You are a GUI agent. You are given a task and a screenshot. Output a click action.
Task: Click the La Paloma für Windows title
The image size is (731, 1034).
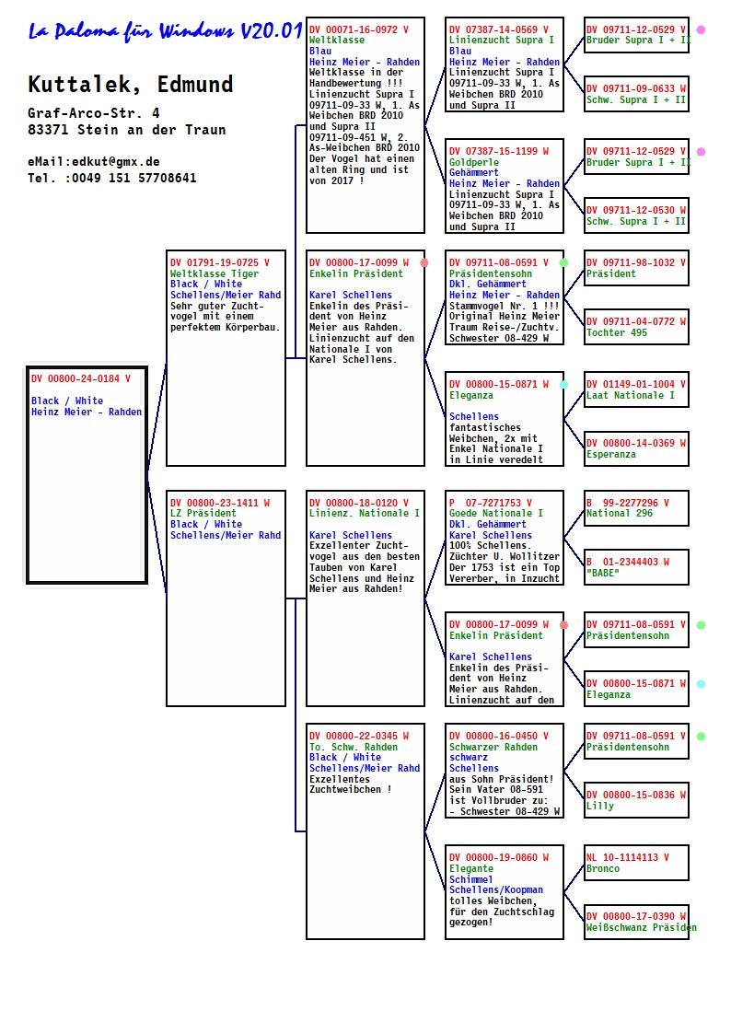(x=165, y=31)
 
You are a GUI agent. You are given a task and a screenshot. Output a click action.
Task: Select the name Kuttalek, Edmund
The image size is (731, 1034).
(x=131, y=85)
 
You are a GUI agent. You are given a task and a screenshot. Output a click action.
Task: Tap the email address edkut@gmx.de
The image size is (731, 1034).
(x=116, y=161)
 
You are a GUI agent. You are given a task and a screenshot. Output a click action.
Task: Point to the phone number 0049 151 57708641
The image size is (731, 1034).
(x=133, y=178)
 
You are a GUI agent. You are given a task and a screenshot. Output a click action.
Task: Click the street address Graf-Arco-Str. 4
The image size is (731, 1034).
(x=94, y=113)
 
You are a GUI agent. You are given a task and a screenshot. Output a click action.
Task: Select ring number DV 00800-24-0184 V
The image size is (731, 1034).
(x=81, y=378)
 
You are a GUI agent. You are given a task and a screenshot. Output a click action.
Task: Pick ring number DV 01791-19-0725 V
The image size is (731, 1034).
(x=220, y=262)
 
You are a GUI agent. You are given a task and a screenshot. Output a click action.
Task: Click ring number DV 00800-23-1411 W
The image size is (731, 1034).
(x=220, y=503)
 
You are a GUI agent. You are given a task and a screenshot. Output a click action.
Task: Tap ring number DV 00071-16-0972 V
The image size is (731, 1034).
(x=359, y=29)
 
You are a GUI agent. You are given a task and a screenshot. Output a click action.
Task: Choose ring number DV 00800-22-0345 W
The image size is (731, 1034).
(x=359, y=736)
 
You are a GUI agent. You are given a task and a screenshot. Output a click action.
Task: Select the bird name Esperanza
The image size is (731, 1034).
(x=611, y=454)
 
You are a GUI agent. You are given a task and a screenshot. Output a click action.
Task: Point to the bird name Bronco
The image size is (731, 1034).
(x=603, y=868)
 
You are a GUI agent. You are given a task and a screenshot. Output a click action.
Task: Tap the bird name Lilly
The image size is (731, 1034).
(x=600, y=806)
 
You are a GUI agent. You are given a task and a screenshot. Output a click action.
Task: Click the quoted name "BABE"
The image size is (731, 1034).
(x=603, y=573)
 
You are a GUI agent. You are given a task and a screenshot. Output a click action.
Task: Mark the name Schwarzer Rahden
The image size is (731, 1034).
(x=493, y=747)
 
